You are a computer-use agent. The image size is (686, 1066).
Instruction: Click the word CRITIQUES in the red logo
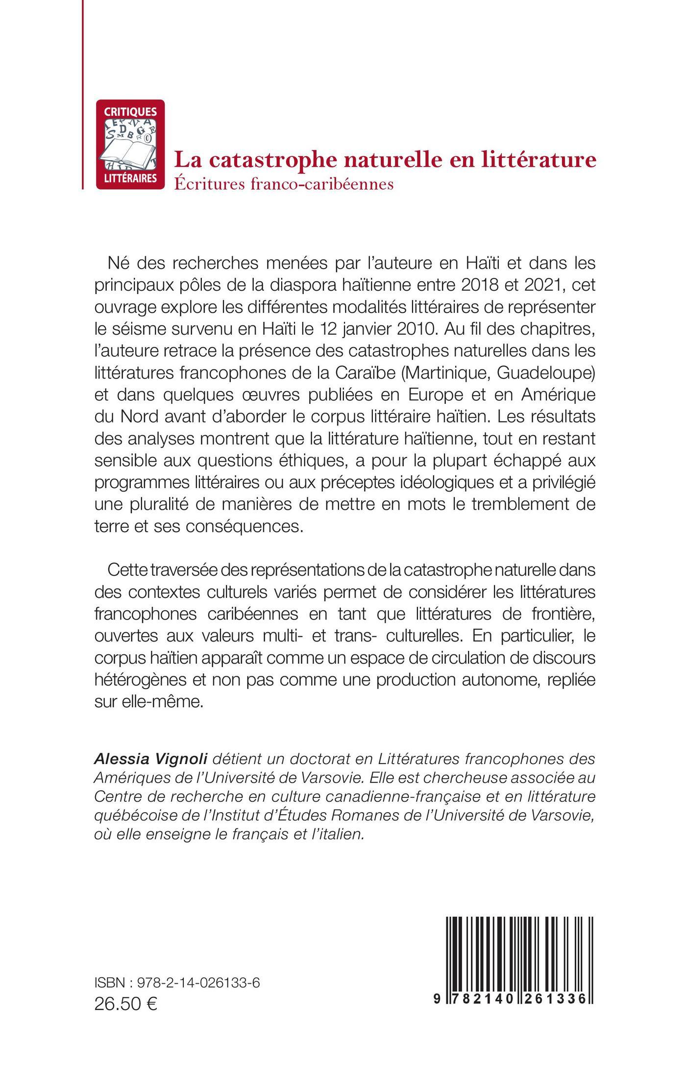tap(130, 112)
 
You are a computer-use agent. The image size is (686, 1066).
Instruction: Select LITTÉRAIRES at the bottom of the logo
tap(130, 177)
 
